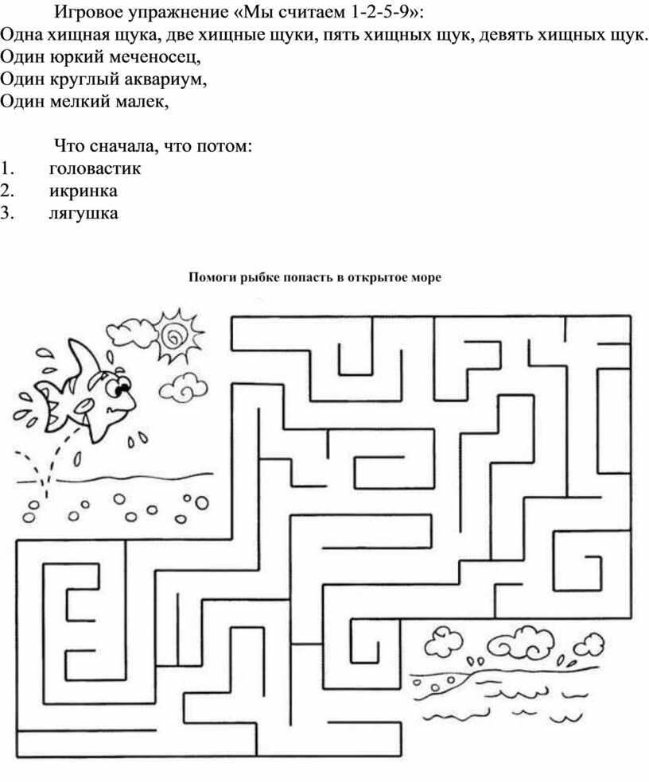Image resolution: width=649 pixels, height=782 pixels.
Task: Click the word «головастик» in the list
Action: point(95,168)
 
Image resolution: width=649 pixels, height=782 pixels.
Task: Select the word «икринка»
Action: point(84,191)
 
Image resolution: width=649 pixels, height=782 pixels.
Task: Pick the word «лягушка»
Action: point(84,213)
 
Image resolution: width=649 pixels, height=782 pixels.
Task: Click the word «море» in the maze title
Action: point(427,278)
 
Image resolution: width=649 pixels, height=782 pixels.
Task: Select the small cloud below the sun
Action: point(183,386)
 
